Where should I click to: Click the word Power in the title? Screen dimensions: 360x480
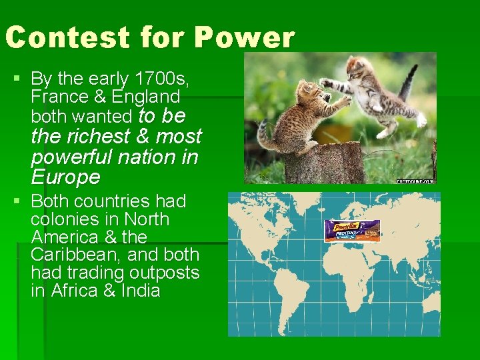244,38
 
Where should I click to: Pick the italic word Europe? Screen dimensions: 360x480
65,177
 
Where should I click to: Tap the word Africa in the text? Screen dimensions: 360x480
74,291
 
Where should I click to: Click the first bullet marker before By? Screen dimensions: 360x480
16,79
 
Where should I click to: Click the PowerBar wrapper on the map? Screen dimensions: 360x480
351,231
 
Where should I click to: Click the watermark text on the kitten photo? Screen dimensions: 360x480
415,181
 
